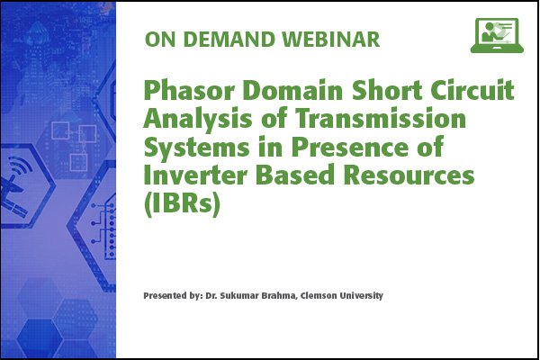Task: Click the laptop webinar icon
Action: coord(497,35)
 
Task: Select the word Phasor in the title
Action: coord(189,91)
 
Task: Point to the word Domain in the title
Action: coord(292,91)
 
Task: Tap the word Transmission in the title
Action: coord(381,119)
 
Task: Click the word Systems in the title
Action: coord(196,148)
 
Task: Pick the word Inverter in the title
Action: coord(195,175)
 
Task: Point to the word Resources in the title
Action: coord(409,175)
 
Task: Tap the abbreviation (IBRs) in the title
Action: coord(182,204)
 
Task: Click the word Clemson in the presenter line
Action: coord(319,295)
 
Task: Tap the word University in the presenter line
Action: coord(362,296)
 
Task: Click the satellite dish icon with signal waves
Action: coord(15,183)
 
